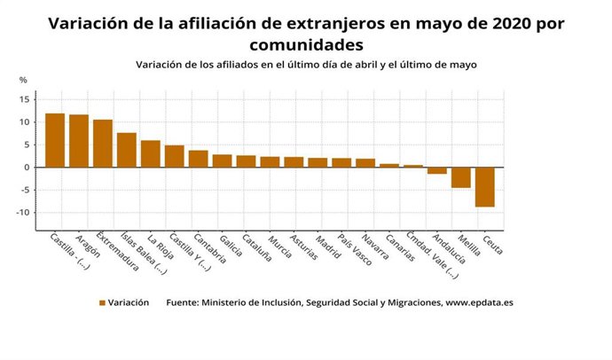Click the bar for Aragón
pyautogui.click(x=79, y=141)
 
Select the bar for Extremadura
pyautogui.click(x=103, y=144)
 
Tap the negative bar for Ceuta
pyautogui.click(x=484, y=187)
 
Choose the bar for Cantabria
pyautogui.click(x=199, y=159)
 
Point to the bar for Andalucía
pyautogui.click(x=436, y=170)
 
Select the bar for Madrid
pyautogui.click(x=318, y=162)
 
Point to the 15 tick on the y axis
pyautogui.click(x=26, y=98)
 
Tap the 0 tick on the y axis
pyautogui.click(x=28, y=168)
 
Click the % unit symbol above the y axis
pyautogui.click(x=23, y=81)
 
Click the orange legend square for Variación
pyautogui.click(x=103, y=302)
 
